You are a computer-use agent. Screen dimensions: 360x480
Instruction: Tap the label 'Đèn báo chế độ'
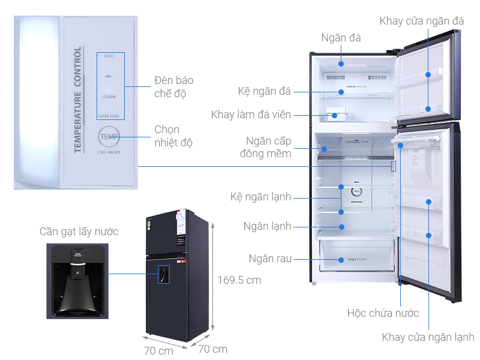click(173, 87)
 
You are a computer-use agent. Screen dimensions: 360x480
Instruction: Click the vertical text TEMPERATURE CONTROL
click(77, 100)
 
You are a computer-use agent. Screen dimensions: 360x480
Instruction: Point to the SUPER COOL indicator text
click(109, 116)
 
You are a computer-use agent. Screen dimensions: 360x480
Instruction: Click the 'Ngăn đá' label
click(341, 38)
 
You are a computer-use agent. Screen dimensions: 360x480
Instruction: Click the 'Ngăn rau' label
click(271, 259)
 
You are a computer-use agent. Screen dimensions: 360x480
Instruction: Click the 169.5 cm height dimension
click(239, 280)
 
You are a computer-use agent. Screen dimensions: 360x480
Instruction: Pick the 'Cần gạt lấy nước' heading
click(79, 232)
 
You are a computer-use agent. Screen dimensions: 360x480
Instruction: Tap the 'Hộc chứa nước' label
click(383, 313)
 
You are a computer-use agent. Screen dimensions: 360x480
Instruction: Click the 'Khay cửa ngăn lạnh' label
click(428, 337)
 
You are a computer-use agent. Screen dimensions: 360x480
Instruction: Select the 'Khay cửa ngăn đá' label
click(421, 21)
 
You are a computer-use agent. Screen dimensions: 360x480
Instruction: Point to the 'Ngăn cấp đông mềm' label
click(268, 148)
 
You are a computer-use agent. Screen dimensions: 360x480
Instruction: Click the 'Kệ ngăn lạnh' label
click(260, 197)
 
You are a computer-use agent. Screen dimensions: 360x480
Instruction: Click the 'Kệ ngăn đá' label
click(263, 92)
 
